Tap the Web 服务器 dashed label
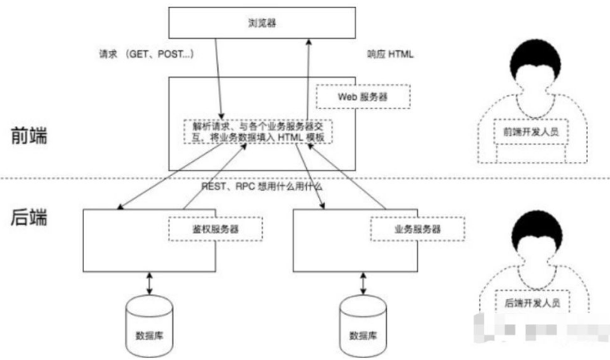[363, 96]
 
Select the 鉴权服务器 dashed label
[216, 228]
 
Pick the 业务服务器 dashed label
[416, 228]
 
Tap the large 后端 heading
[29, 216]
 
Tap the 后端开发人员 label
[531, 302]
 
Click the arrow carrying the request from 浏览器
[218, 79]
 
